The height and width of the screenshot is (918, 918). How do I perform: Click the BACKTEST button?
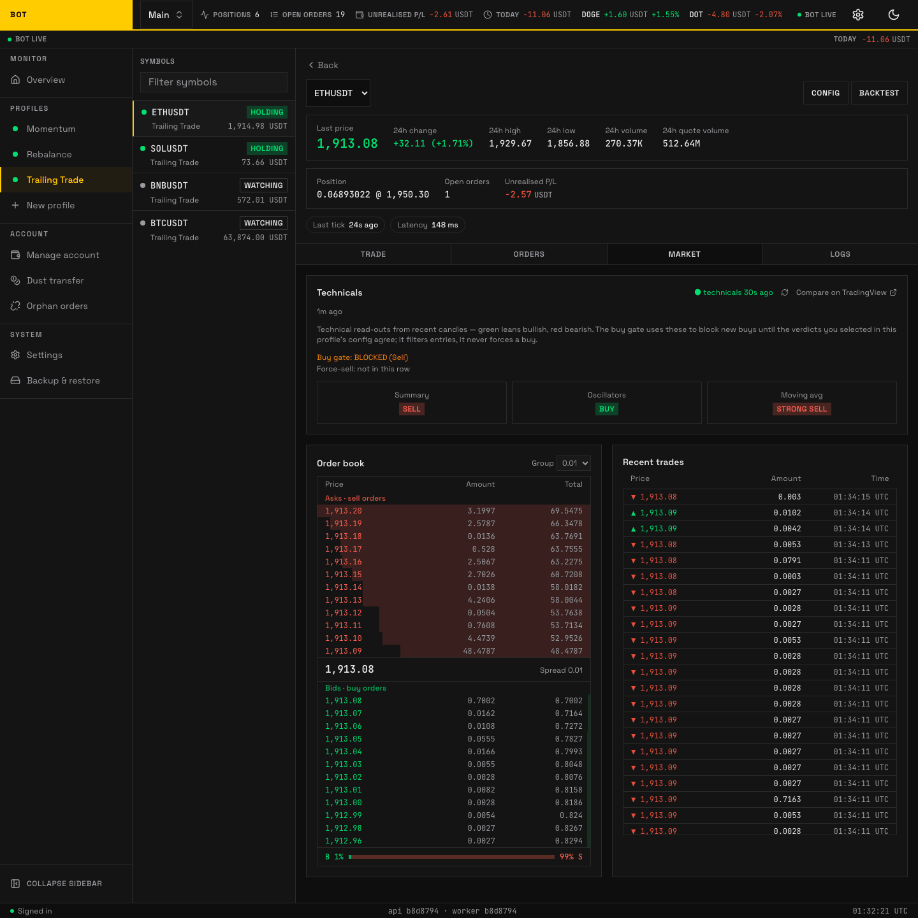coord(878,93)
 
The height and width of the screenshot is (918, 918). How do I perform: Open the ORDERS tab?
coord(528,254)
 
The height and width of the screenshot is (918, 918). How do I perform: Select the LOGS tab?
coord(840,254)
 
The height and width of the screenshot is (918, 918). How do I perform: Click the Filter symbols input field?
coord(214,82)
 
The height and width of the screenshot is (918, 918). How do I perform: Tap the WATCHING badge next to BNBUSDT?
coord(263,185)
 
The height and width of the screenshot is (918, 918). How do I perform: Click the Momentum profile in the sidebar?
coord(50,129)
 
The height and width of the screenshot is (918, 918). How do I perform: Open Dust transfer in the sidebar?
coord(55,280)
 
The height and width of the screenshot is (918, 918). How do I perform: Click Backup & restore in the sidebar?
coord(63,380)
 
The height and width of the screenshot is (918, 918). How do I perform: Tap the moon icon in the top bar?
coord(893,15)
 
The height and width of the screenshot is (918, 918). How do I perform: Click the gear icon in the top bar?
coord(858,15)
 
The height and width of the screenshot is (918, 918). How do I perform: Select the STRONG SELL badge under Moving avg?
coord(801,409)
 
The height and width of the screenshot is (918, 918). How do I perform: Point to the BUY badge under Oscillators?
coord(606,409)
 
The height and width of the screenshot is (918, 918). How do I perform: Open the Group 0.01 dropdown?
coord(573,463)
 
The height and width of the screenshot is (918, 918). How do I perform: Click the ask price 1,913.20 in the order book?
coord(344,511)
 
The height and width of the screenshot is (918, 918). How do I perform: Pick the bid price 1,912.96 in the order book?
coord(344,841)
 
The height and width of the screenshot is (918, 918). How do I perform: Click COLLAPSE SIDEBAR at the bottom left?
coord(57,883)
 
